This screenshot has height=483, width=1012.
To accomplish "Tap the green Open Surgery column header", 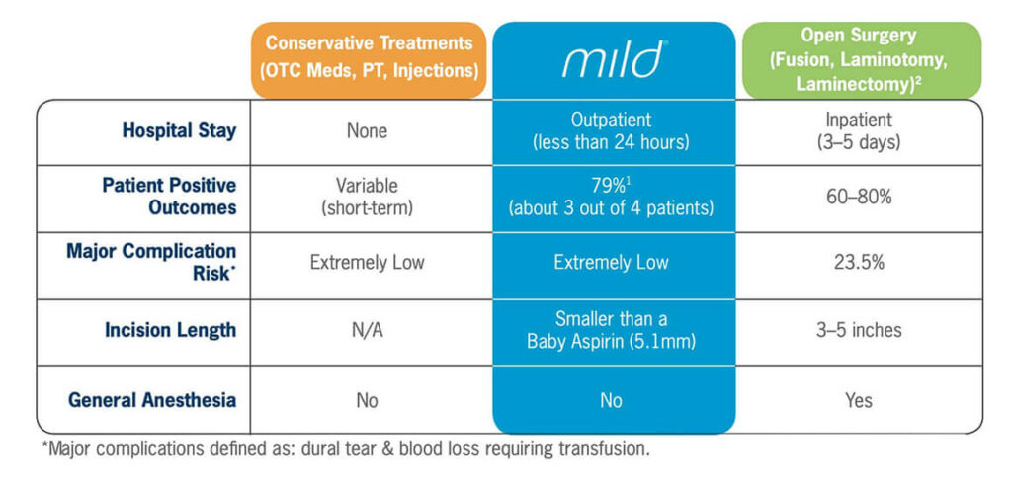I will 859,59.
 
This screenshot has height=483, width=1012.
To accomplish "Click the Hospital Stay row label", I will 179,130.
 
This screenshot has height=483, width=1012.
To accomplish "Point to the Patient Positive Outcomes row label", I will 170,196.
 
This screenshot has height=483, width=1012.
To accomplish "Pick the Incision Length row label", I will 170,330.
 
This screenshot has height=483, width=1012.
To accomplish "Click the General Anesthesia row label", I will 152,400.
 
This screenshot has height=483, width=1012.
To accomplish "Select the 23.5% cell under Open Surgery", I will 859,263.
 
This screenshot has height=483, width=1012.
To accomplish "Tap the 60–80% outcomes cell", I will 859,197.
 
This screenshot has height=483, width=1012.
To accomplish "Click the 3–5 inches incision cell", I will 859,330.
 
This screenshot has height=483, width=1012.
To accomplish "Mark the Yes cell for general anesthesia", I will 859,400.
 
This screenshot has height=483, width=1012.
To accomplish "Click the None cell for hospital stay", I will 367,130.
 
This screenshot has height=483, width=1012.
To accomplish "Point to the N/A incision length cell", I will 367,330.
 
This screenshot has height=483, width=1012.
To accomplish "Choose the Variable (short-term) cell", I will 367,196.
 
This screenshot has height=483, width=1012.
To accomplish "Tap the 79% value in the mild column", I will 609,185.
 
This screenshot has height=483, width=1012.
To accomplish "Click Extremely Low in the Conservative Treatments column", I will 367,263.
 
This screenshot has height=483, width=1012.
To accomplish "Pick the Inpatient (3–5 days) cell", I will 859,130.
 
